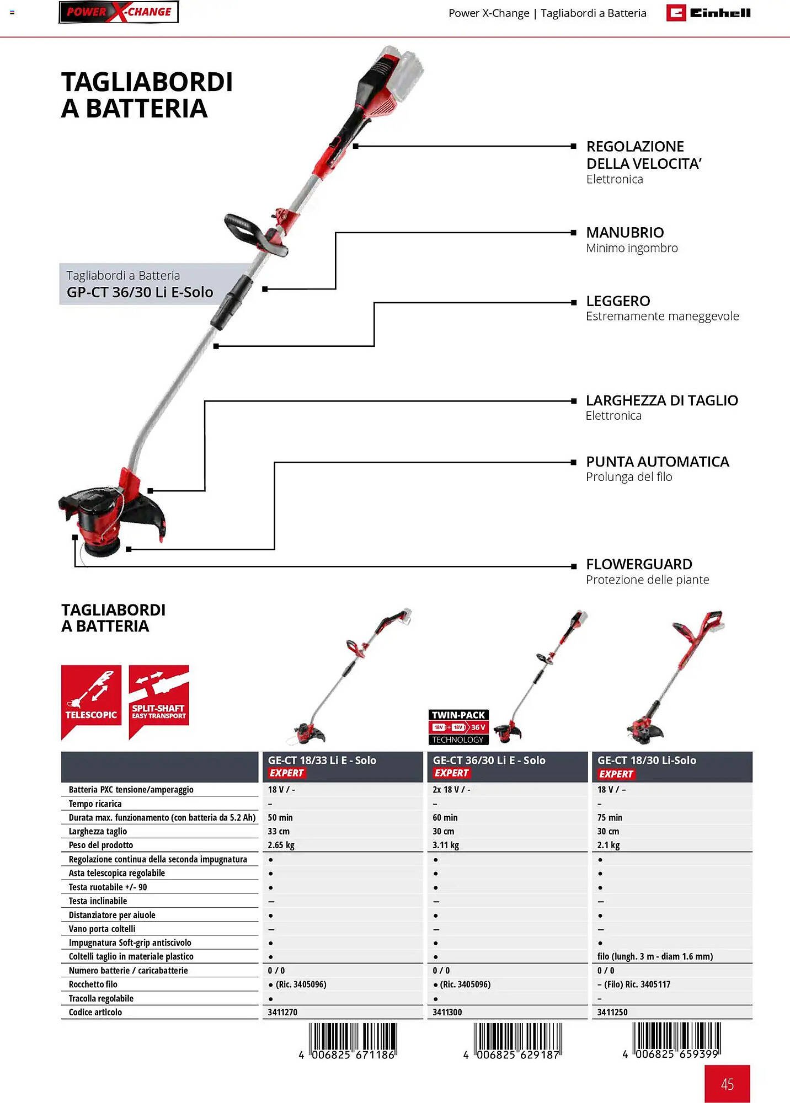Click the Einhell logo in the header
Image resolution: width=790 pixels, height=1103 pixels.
pos(708,13)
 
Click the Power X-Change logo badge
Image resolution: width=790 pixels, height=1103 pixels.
pos(119,12)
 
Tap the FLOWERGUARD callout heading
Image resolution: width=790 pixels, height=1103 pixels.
pos(639,564)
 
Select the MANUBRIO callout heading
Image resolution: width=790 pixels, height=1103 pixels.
pos(624,232)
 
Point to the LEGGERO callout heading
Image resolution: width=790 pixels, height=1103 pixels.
pos(618,301)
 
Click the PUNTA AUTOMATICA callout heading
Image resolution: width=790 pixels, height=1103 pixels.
pos(657,462)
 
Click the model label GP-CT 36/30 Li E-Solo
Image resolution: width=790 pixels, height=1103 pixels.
pos(140,292)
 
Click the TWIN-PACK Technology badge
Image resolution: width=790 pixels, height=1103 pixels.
pos(458,727)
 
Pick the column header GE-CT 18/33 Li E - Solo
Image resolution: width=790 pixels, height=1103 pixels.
pos(322,761)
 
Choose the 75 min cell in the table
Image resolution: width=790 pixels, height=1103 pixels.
pos(610,817)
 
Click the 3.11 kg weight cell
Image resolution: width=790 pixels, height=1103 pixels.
pos(446,845)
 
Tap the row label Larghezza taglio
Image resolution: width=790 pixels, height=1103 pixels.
pos(98,831)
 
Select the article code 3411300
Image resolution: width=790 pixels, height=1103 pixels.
pos(447,1012)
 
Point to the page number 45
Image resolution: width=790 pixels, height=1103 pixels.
pos(727,1084)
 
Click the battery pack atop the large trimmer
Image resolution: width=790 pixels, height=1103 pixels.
pos(405,66)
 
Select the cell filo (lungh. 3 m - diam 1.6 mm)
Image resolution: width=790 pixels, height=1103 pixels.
pos(655,956)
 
